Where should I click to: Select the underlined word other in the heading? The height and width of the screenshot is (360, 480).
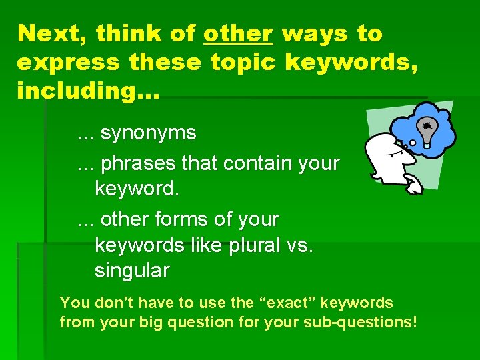238,33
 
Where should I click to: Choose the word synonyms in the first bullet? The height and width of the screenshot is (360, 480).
148,133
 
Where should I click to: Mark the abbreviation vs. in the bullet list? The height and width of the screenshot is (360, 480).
300,245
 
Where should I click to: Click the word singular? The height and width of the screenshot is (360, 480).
132,271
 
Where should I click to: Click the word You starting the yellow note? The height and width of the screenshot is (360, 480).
74,303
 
